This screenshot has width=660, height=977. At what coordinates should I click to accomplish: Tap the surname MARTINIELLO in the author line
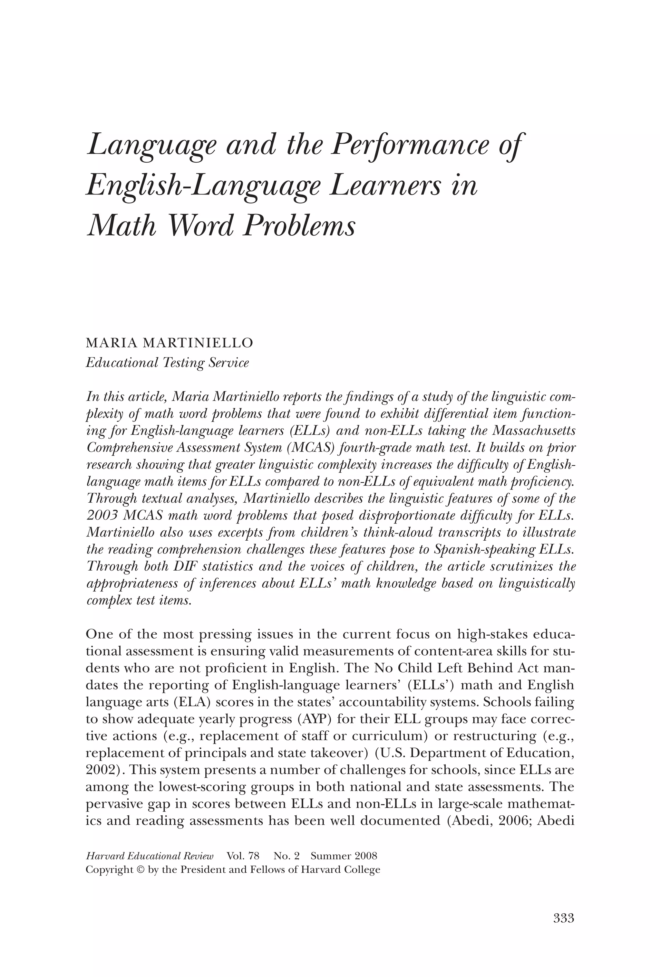coord(198,343)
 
